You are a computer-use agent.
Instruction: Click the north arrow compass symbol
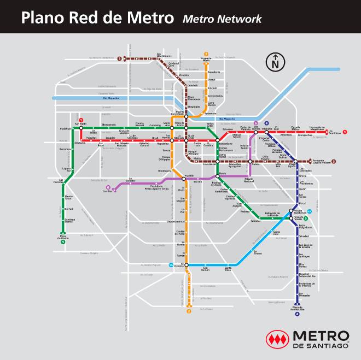[274, 61]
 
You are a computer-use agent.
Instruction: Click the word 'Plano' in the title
[40, 17]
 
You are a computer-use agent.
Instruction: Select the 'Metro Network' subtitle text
[222, 19]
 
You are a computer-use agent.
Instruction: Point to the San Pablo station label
[80, 124]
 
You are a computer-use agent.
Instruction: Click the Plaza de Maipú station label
[63, 238]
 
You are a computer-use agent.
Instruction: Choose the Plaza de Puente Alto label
[298, 309]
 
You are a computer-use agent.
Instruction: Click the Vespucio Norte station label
[206, 57]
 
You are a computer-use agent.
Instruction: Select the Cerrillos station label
[107, 191]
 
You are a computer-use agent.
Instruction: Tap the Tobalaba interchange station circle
[267, 132]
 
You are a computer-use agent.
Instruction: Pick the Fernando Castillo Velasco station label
[321, 161]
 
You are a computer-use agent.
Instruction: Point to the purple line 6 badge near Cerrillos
[108, 187]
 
